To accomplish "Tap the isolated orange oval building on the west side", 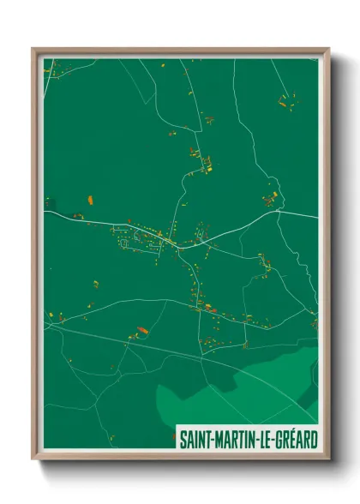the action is (x=90, y=200).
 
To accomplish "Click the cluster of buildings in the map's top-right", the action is (x=282, y=102).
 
